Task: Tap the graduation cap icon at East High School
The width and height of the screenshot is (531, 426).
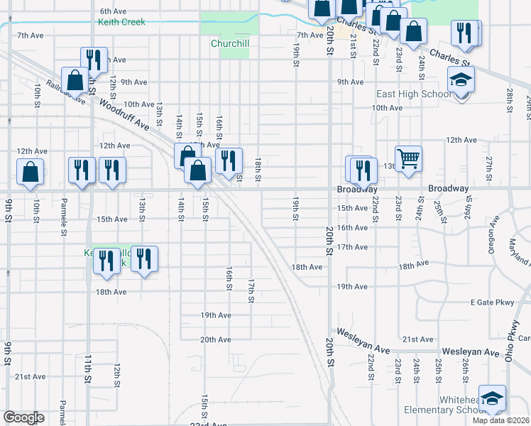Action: click(x=461, y=81)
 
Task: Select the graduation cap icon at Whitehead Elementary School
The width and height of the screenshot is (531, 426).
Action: click(x=492, y=398)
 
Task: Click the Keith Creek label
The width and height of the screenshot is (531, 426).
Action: click(x=121, y=22)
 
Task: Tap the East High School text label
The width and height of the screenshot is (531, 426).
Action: click(x=414, y=94)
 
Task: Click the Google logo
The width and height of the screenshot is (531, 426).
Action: click(x=23, y=417)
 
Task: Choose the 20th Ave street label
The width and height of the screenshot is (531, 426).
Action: click(x=216, y=339)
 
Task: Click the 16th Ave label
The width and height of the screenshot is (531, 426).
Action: click(x=351, y=227)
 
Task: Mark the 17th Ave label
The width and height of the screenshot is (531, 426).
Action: click(x=351, y=247)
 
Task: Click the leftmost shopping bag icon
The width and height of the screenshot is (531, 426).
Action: click(x=31, y=172)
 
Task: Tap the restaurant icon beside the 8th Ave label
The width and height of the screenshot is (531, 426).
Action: click(x=94, y=60)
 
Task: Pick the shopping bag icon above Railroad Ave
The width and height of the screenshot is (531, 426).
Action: click(x=75, y=80)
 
